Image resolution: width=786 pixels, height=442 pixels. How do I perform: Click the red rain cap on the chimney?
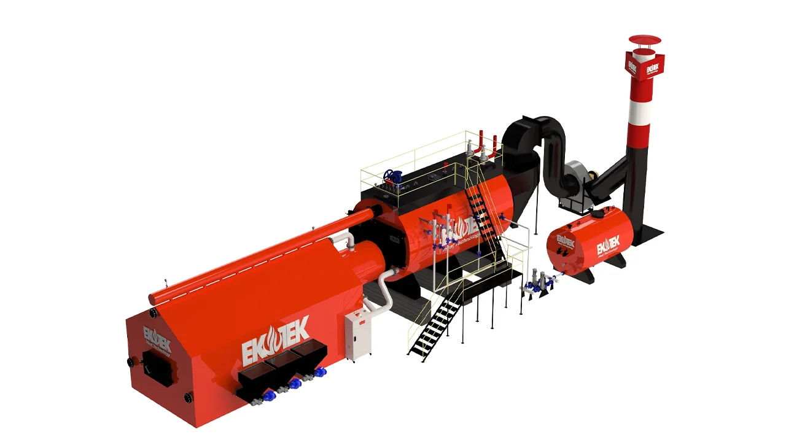point(644,41)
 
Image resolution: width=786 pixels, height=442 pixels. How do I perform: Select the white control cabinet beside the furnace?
point(358,335)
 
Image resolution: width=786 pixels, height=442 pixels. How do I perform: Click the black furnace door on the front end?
point(157,368)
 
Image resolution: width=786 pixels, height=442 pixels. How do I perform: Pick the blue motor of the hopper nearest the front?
point(268,397)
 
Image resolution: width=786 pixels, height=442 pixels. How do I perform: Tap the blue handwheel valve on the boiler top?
point(393,177)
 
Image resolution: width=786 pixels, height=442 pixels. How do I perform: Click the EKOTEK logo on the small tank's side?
point(608,246)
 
